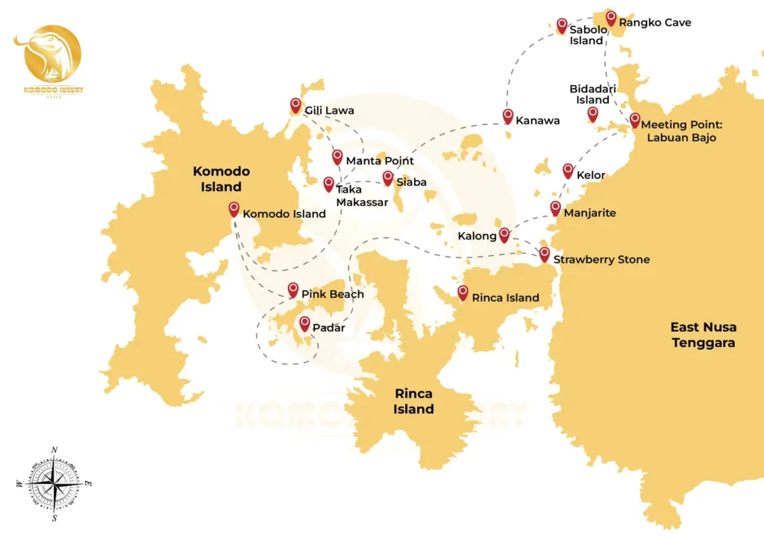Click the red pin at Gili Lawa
[295, 105]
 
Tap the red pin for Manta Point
[337, 157]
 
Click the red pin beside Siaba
[388, 178]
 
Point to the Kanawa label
[537, 120]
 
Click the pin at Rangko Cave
[611, 18]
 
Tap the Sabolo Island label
[588, 35]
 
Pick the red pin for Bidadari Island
[592, 113]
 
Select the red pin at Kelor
[568, 170]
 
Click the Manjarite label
[590, 213]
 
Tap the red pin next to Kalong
[504, 234]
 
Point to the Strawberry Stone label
[601, 260]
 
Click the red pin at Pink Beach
[293, 290]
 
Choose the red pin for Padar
[304, 323]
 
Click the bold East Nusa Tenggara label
[703, 335]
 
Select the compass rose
[54, 484]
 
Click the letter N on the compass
[54, 449]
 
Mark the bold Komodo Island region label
[222, 179]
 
